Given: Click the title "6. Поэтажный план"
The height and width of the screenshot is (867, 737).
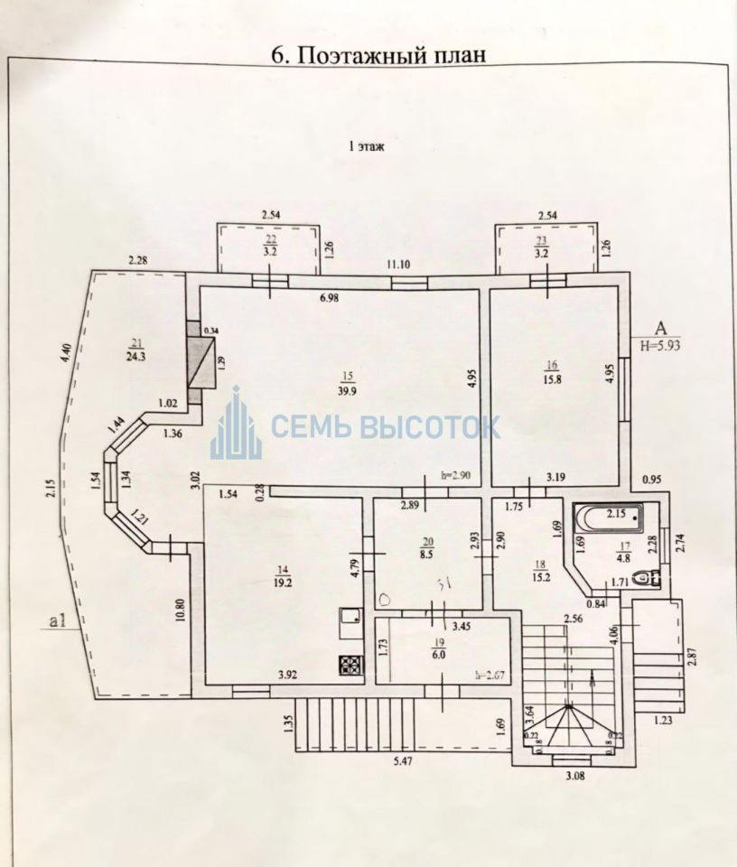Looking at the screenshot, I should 379,54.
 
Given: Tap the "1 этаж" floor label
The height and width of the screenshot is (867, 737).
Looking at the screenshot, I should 367,147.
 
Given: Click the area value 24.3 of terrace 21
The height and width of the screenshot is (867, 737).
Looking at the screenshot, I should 136,355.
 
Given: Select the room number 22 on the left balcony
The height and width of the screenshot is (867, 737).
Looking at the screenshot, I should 271,241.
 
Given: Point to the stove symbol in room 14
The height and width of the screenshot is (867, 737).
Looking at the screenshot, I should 350,666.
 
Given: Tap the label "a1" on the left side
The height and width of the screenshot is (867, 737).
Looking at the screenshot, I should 61,620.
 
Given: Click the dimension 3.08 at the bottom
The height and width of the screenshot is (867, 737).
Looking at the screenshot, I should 574,775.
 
